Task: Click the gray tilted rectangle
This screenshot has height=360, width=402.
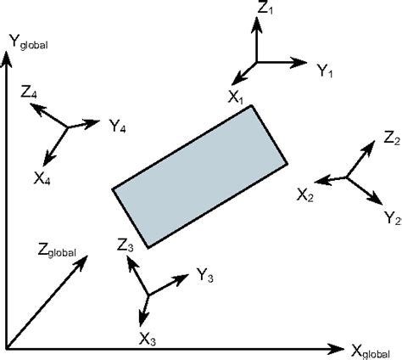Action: [x=200, y=177]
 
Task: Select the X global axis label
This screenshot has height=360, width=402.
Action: [x=374, y=349]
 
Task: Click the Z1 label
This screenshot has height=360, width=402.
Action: [x=265, y=10]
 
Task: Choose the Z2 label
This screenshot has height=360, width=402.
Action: [x=391, y=138]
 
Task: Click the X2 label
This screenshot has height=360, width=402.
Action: [x=305, y=195]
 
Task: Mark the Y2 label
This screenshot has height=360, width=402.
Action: [x=392, y=218]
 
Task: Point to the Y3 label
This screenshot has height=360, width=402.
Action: [x=204, y=275]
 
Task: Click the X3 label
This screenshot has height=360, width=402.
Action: [x=148, y=338]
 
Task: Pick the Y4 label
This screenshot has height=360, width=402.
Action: [x=118, y=127]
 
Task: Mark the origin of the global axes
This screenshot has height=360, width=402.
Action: [x=7, y=348]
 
